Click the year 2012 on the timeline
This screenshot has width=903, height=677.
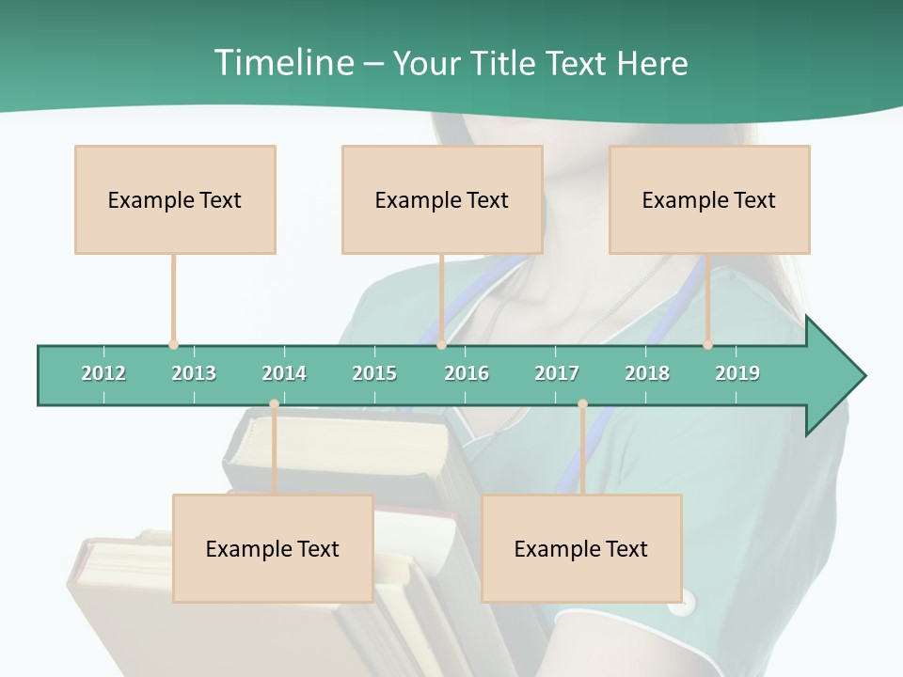tap(103, 373)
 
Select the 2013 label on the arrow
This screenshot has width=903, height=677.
tap(194, 373)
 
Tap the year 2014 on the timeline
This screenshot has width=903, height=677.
tap(284, 373)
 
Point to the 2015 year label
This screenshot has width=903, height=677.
tap(374, 373)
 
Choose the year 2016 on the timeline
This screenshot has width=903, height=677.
tap(467, 373)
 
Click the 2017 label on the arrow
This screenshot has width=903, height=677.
tap(557, 373)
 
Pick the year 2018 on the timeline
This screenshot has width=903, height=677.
tap(647, 373)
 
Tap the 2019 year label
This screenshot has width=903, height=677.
tap(737, 373)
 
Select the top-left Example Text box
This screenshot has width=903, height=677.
tap(175, 199)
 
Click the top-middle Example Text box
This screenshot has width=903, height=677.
tap(442, 199)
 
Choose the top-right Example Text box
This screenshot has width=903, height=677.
tap(709, 199)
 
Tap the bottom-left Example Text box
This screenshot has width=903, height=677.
tap(273, 548)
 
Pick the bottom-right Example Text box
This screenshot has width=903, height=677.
tap(581, 548)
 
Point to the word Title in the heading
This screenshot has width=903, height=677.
tap(502, 63)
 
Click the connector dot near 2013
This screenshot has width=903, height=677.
tap(173, 345)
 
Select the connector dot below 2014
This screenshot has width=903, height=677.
tap(274, 404)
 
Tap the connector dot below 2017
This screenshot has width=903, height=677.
tap(582, 404)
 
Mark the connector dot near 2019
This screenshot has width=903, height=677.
tap(707, 345)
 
